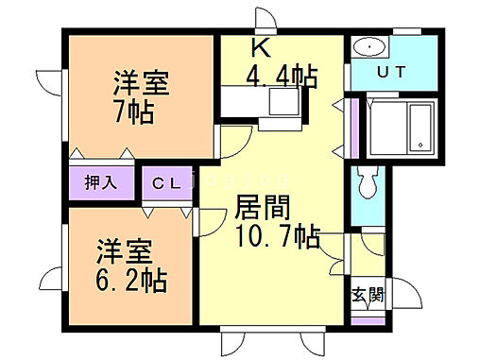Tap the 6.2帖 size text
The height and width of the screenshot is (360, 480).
[x=131, y=280]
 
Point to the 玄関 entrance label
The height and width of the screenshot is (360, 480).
[x=368, y=294]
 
